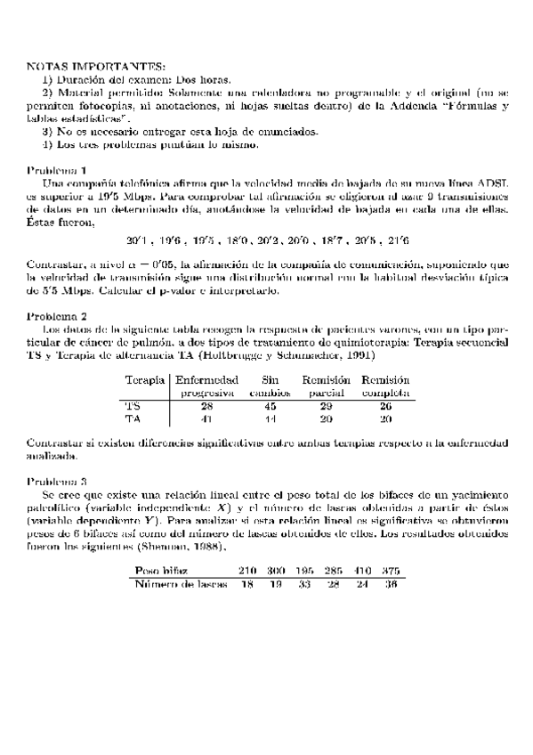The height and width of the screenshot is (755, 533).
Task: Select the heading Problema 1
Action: pos(57,170)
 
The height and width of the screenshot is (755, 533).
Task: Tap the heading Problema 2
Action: pos(57,316)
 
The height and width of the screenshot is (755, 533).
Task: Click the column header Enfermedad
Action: pos(206,379)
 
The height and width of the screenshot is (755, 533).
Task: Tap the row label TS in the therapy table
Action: pos(133,406)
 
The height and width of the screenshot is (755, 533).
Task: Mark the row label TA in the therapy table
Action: pos(133,418)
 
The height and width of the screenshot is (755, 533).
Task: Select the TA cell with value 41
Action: pos(206,418)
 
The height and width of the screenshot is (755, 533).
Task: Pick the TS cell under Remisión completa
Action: pos(385,406)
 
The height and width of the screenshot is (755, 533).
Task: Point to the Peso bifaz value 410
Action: pos(361,570)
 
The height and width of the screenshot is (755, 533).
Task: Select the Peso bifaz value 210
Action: pos(247,570)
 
